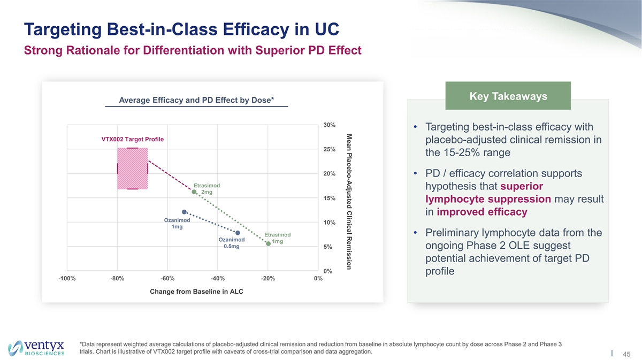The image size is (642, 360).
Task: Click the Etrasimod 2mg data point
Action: pyautogui.click(x=194, y=192)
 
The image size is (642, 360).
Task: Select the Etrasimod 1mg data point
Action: pyautogui.click(x=268, y=244)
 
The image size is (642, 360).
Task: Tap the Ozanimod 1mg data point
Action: pyautogui.click(x=185, y=212)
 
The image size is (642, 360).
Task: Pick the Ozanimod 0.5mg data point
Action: pyautogui.click(x=238, y=233)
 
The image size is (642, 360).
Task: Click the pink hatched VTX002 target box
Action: pyautogui.click(x=132, y=168)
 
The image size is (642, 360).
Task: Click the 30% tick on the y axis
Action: pyautogui.click(x=330, y=125)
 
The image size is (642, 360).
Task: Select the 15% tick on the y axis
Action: pyautogui.click(x=330, y=198)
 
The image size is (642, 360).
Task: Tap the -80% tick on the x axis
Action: pyautogui.click(x=117, y=278)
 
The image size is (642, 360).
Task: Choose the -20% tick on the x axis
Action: pyautogui.click(x=267, y=278)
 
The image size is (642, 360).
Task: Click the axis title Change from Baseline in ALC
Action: pyautogui.click(x=193, y=292)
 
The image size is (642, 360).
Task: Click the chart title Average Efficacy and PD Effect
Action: pyautogui.click(x=197, y=101)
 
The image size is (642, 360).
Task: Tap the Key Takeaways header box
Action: pyautogui.click(x=508, y=96)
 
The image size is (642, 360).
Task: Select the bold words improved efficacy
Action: pyautogui.click(x=482, y=212)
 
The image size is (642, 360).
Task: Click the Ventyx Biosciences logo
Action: pyautogui.click(x=36, y=347)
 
